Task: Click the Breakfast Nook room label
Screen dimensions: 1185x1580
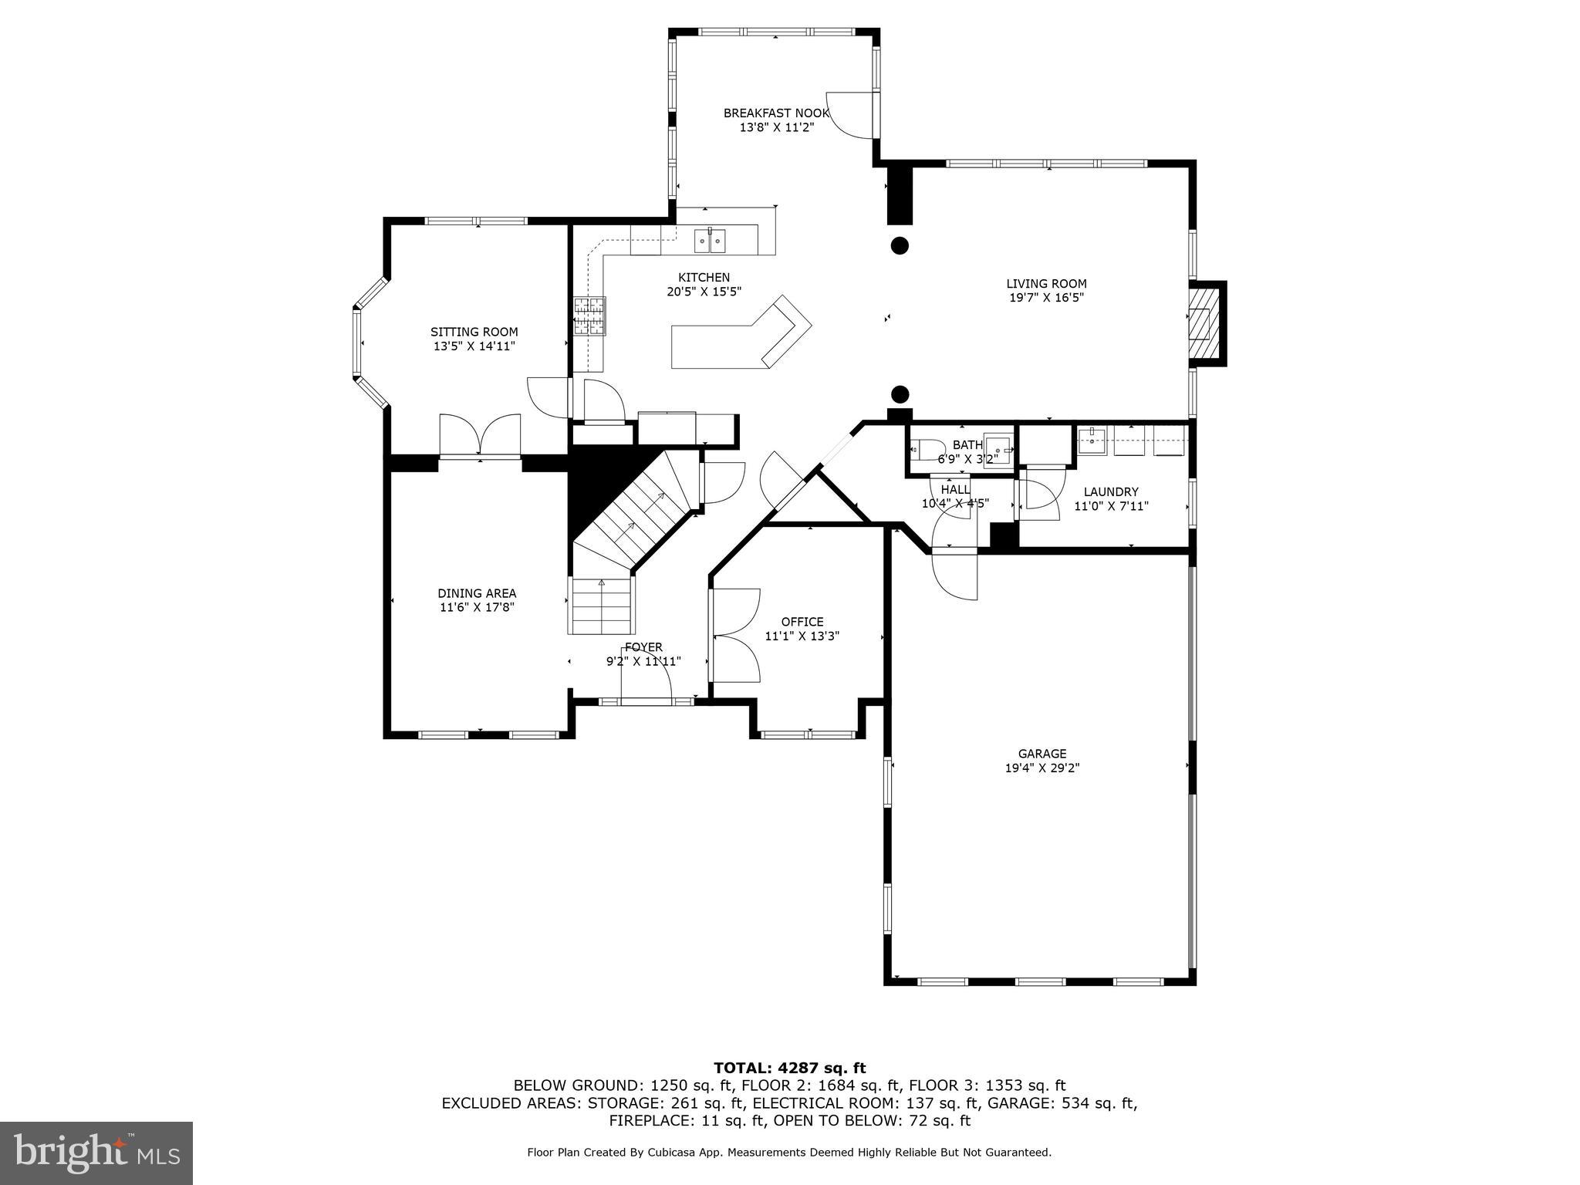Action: (776, 113)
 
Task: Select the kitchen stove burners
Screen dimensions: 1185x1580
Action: (589, 316)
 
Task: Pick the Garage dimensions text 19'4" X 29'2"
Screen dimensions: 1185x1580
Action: (1042, 768)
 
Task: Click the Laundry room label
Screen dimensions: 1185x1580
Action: (1110, 491)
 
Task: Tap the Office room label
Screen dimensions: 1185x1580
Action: (802, 621)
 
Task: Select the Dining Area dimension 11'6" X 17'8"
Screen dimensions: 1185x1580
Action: (477, 607)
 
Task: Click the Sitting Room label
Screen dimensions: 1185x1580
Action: (474, 332)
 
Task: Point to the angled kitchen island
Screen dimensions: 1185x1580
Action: (741, 342)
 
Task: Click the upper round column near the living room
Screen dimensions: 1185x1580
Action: (900, 246)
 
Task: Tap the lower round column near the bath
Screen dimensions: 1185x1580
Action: (900, 394)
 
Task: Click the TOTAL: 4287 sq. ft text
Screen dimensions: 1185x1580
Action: (789, 1068)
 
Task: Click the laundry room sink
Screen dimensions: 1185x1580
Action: (1092, 443)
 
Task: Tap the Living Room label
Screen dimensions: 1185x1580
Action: (1046, 283)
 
